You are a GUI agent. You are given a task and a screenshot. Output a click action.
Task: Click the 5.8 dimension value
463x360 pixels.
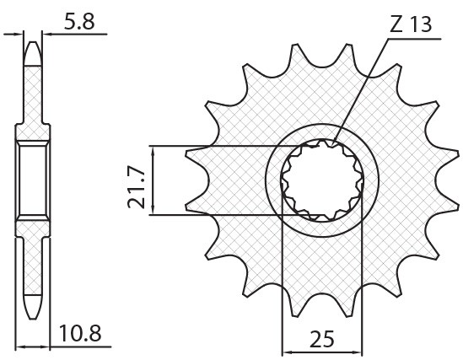[78, 22]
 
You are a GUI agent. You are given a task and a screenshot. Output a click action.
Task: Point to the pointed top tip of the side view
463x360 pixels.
[31, 43]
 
